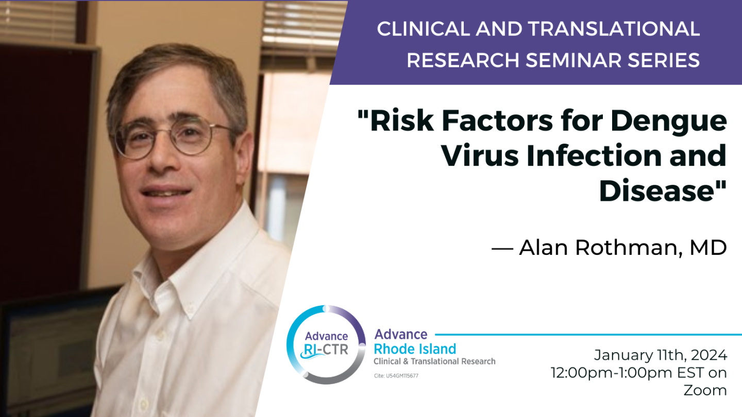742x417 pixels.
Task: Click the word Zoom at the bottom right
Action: click(x=705, y=390)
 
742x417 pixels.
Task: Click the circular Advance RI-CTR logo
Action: click(x=326, y=344)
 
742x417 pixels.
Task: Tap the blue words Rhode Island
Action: click(x=415, y=349)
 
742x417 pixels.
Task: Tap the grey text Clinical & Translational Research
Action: click(x=434, y=361)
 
